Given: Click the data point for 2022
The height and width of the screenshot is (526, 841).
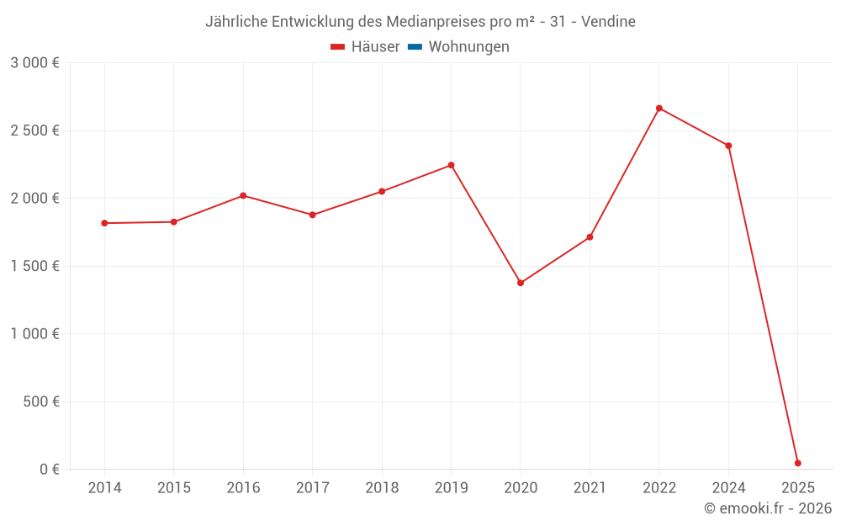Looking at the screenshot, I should click(659, 109).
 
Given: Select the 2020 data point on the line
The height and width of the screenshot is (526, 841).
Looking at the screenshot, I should click(521, 283).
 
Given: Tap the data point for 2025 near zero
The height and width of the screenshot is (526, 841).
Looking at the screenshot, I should click(797, 463).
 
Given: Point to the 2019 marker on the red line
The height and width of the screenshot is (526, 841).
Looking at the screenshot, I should click(451, 165).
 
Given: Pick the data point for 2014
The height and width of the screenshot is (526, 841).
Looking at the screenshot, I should click(104, 223).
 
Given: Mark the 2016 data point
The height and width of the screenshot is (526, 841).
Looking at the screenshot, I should click(243, 195).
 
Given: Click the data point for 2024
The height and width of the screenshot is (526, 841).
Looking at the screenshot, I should click(728, 146).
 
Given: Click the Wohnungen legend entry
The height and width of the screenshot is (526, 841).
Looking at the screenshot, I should click(468, 47).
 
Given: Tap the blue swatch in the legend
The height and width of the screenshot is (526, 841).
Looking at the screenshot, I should click(415, 47).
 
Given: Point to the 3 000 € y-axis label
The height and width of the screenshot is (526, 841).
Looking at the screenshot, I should click(34, 63).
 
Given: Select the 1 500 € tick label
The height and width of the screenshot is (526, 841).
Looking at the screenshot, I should click(34, 266).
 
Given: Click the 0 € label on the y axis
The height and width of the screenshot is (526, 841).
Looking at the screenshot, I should click(50, 469).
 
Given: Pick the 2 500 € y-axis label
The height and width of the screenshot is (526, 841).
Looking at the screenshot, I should click(34, 130).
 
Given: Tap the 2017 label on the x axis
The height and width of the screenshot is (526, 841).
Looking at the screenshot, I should click(312, 488).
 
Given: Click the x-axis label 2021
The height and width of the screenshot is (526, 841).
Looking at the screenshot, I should click(590, 488).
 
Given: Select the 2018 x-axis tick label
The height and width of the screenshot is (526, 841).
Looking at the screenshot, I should click(382, 488).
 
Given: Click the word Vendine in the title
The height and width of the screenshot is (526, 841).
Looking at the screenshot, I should click(608, 21).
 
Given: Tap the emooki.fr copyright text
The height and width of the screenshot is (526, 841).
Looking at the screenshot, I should click(768, 508).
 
